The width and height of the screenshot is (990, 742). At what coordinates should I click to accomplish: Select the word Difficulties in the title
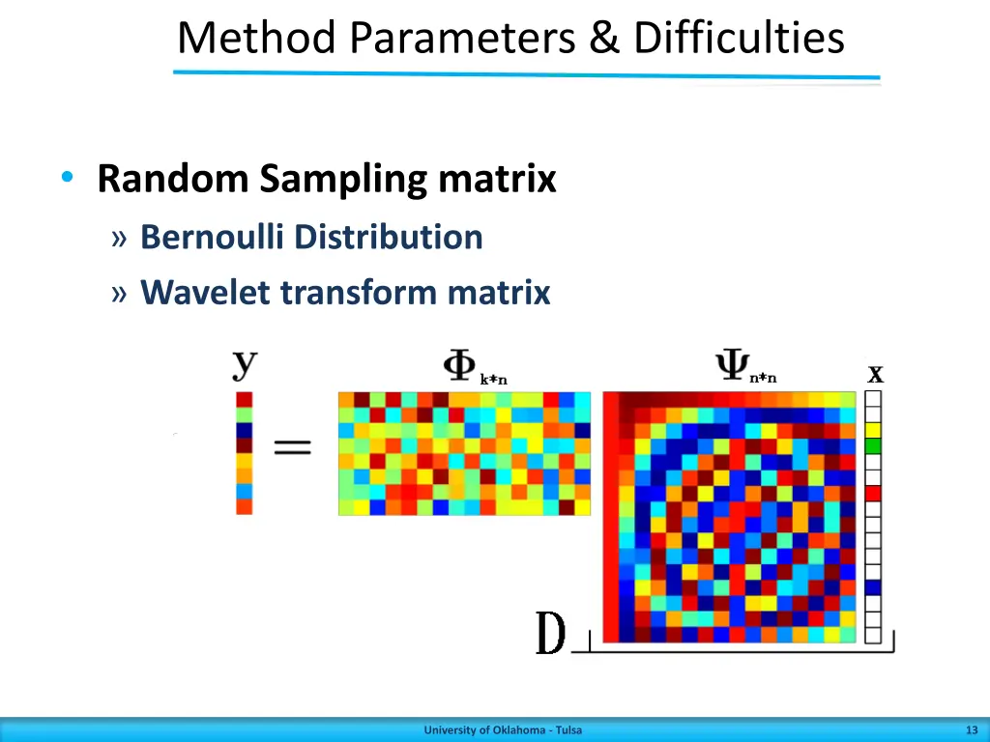[739, 39]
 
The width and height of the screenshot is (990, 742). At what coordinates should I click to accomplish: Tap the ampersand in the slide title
[606, 39]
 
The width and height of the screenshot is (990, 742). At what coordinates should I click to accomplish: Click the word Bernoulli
[214, 237]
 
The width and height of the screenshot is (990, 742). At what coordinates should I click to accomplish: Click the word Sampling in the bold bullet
[344, 179]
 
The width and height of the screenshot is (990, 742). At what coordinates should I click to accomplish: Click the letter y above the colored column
[245, 364]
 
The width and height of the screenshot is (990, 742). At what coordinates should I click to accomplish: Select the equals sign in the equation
[291, 447]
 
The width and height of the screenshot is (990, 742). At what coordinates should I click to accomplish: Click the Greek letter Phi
[457, 366]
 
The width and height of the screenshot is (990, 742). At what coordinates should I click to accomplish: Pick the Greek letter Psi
[728, 366]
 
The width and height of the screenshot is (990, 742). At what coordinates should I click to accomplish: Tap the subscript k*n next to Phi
[493, 380]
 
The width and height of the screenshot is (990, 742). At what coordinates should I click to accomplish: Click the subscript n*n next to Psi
[763, 379]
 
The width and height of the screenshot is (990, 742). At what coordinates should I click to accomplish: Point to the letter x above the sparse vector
[875, 373]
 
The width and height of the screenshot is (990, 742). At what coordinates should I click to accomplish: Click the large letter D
[550, 634]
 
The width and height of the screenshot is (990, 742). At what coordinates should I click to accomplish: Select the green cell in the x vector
[873, 445]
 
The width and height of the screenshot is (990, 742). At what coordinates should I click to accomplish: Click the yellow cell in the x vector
[873, 430]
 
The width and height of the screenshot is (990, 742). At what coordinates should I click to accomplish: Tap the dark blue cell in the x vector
[873, 586]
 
